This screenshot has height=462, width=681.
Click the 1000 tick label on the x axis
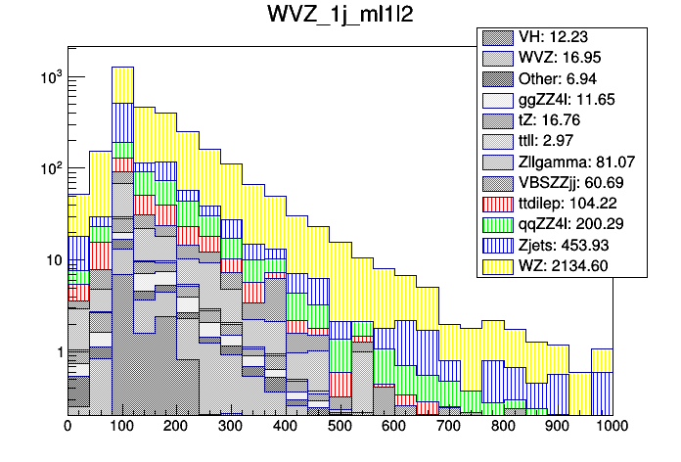click(x=612, y=427)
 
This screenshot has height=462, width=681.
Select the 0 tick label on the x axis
click(x=68, y=427)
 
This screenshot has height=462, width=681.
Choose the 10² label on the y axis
click(x=48, y=168)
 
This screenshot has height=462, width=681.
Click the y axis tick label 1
click(x=58, y=352)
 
